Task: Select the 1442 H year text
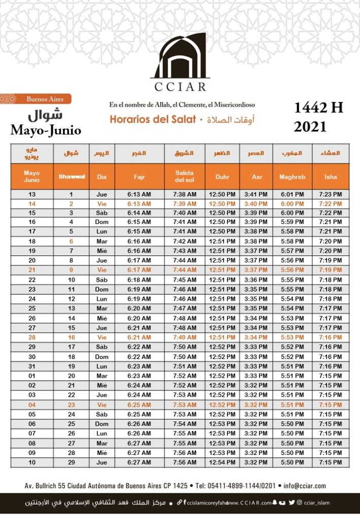(x=318, y=108)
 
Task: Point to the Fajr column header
(x=139, y=177)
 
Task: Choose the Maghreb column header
(x=292, y=177)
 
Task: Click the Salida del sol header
(x=184, y=177)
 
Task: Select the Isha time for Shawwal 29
(x=331, y=462)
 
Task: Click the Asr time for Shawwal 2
(x=256, y=204)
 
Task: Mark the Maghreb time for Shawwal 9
(x=292, y=270)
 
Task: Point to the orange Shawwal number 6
(x=71, y=241)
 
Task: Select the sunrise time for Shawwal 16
(x=184, y=337)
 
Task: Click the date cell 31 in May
(x=32, y=366)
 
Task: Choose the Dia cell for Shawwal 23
(x=102, y=405)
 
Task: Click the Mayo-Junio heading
(x=46, y=131)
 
